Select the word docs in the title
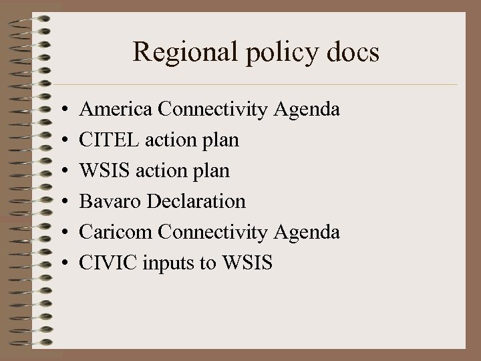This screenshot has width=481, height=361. [349, 52]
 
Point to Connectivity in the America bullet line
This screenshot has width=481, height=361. [214, 110]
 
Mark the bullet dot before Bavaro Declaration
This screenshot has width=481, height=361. [61, 202]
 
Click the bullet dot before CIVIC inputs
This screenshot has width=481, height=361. [61, 263]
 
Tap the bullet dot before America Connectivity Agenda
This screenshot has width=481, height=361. [61, 109]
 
